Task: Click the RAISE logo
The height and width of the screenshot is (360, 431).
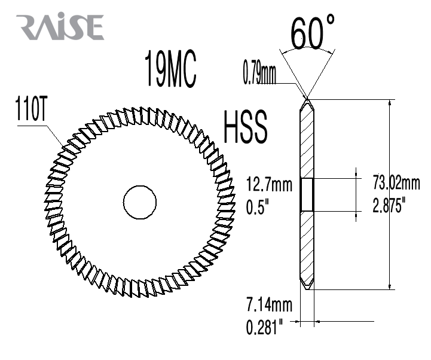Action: [60, 26]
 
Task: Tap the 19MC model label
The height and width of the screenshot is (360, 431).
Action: [170, 69]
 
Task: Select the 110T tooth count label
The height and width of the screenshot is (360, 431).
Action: [30, 108]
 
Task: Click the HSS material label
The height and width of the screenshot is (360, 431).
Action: [245, 127]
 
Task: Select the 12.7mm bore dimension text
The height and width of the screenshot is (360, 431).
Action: [269, 184]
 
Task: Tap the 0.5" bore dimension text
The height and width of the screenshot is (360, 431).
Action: [258, 207]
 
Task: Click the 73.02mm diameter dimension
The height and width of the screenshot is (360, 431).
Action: [396, 182]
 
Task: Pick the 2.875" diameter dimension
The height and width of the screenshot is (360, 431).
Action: [389, 205]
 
